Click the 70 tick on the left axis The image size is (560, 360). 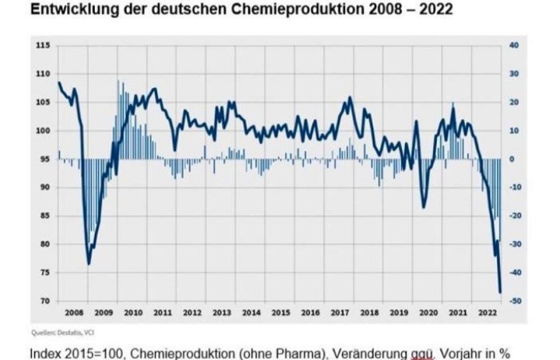coord(45,301)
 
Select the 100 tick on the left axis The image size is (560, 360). coord(44,131)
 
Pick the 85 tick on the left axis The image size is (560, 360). coord(45,215)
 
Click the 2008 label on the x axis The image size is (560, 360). coord(74,313)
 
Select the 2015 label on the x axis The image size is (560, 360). coord(281,313)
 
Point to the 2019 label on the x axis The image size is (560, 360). coord(398,313)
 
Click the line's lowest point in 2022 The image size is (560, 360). coord(499,292)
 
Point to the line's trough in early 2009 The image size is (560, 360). coord(89,264)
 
